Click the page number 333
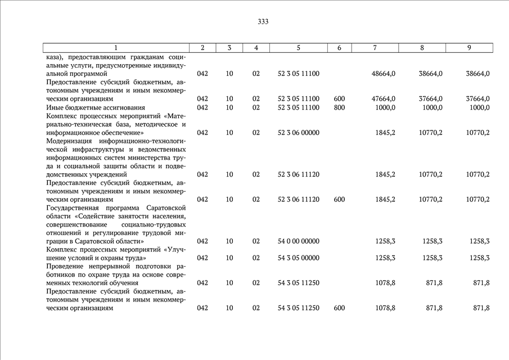pyautogui.click(x=263, y=22)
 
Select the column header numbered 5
pyautogui.click(x=298, y=48)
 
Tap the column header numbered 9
pyautogui.click(x=469, y=48)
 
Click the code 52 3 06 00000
pyautogui.click(x=298, y=133)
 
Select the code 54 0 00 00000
pyautogui.click(x=298, y=241)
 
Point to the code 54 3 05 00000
pyautogui.click(x=298, y=258)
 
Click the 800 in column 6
pyautogui.click(x=339, y=107)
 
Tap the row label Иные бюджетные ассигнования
pyautogui.click(x=88, y=107)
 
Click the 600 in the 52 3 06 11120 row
pyautogui.click(x=339, y=200)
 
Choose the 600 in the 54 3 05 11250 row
pyautogui.click(x=339, y=308)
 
